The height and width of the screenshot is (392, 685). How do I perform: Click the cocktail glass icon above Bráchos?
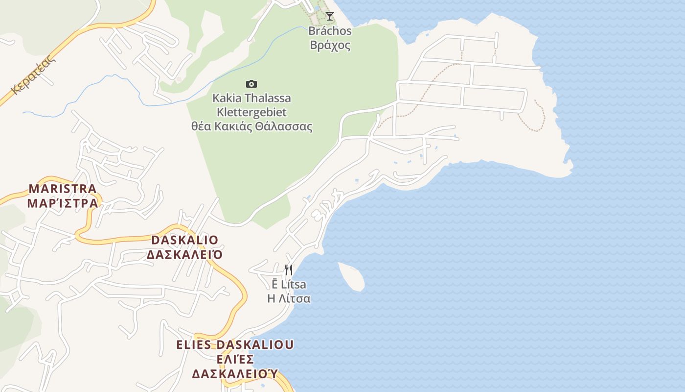click(330, 16)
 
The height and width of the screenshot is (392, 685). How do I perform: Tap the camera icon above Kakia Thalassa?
click(251, 84)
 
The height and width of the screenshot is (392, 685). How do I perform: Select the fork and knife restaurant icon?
click(289, 270)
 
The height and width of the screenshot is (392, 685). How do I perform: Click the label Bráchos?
click(330, 31)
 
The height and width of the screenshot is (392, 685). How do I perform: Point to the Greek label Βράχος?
click(330, 46)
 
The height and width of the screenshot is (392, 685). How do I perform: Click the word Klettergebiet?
click(251, 112)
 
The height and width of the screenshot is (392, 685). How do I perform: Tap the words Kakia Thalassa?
click(251, 98)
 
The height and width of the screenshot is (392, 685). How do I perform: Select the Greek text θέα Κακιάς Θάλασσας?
click(251, 126)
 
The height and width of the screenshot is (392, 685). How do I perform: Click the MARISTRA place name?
click(63, 189)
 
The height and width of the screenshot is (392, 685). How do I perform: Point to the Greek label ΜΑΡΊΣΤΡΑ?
click(63, 203)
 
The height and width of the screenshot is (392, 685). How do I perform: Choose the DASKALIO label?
click(185, 240)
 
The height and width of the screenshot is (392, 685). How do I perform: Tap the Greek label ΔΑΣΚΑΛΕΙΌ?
click(185, 255)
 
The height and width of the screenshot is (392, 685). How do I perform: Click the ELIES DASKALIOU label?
click(235, 344)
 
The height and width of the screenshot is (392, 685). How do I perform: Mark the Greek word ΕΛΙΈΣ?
click(235, 359)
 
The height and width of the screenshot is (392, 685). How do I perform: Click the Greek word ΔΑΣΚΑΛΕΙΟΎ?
click(235, 374)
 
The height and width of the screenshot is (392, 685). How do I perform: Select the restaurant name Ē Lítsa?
click(289, 284)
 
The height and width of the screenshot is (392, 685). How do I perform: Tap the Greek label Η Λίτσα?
click(289, 298)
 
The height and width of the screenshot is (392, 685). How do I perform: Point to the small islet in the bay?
click(351, 276)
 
